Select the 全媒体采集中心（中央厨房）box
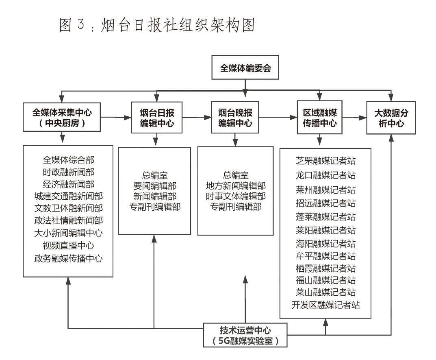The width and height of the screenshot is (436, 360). click(62, 117)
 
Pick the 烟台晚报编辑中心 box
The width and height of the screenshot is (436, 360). click(235, 118)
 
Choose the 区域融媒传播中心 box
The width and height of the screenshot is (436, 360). click(320, 118)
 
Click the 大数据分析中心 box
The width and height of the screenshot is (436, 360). click(391, 118)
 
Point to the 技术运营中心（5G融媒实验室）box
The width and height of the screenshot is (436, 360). click(245, 336)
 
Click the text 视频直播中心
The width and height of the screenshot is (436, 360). click(68, 246)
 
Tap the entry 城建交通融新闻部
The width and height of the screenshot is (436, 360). click(68, 196)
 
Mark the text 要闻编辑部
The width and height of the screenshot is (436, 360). click(154, 186)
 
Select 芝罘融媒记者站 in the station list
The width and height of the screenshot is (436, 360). click(325, 160)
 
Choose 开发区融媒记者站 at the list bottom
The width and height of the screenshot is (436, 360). click(325, 304)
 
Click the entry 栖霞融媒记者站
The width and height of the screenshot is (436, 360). click(325, 268)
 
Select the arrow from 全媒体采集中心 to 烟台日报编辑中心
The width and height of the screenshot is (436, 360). click(115, 118)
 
